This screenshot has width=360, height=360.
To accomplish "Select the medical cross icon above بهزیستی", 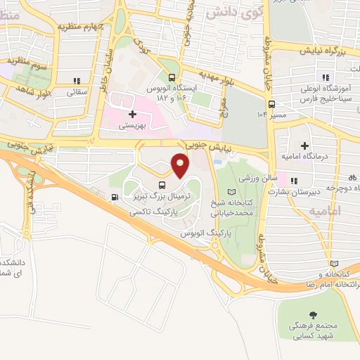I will [x=131, y=114].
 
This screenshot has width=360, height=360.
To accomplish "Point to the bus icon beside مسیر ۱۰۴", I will [x=271, y=104].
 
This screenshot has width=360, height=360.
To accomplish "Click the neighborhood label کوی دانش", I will [x=233, y=12].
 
